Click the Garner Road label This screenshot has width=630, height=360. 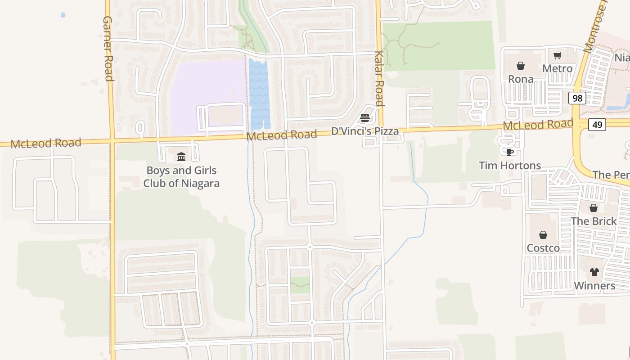(108, 49)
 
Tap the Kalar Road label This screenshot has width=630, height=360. (379, 78)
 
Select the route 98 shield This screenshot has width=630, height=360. (577, 98)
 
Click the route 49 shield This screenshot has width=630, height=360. (597, 124)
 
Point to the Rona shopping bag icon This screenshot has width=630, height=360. (521, 66)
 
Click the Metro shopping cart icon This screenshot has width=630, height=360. (558, 56)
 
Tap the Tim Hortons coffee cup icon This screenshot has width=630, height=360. (510, 152)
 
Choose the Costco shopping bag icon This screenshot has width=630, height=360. (543, 235)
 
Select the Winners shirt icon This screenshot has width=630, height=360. (594, 272)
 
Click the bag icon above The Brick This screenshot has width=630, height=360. (594, 208)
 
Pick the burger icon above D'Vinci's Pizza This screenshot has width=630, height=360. (365, 118)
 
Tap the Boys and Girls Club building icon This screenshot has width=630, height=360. (181, 157)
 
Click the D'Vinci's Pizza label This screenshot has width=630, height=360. (365, 131)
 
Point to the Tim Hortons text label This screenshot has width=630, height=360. (510, 166)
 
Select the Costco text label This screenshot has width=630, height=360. (543, 248)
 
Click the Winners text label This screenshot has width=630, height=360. (594, 286)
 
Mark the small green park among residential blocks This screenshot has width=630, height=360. (300, 285)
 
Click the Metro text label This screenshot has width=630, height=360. (558, 68)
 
